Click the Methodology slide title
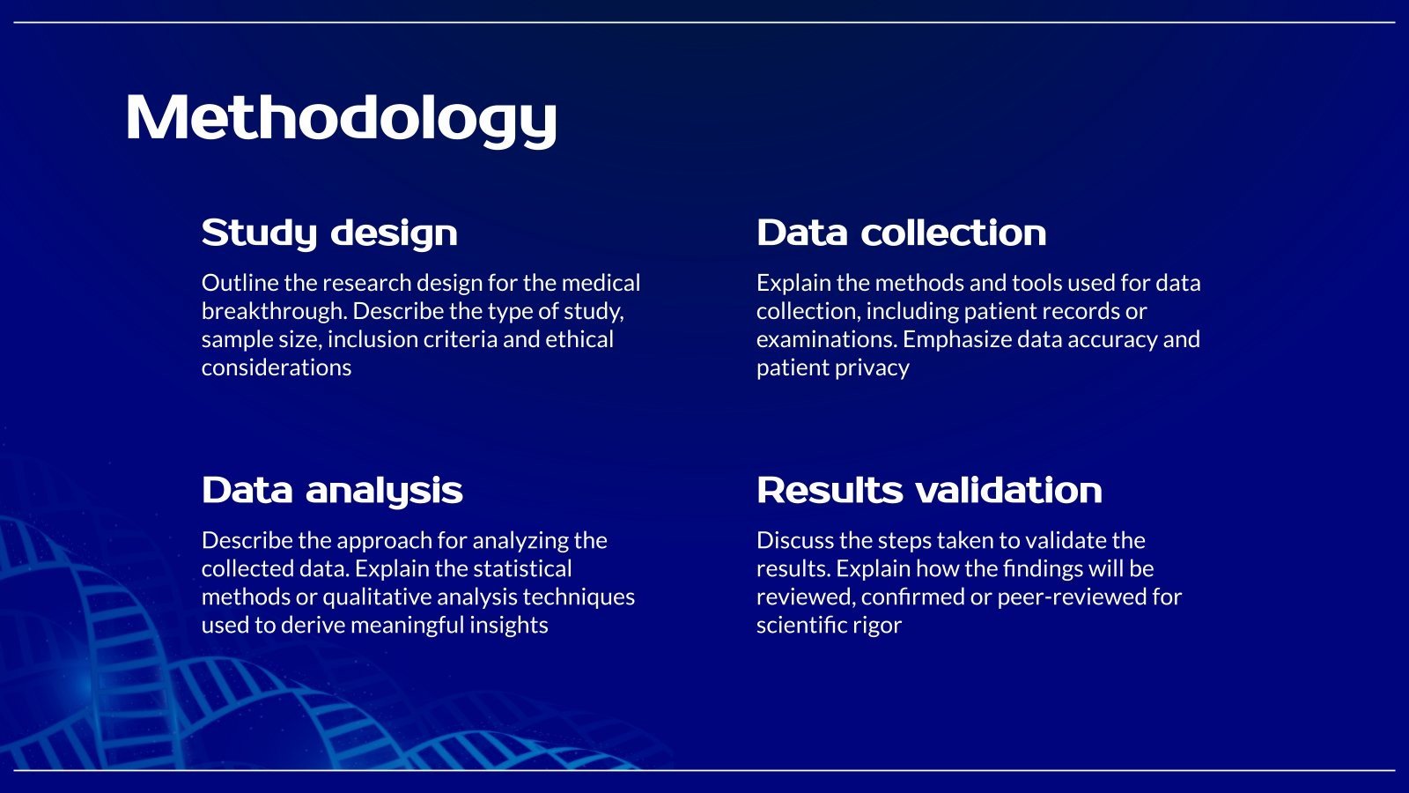341,117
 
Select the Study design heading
329,233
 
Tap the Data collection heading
901,233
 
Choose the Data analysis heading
332,490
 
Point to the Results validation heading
929,490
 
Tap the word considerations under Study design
277,367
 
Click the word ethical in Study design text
579,339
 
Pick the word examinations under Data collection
826,339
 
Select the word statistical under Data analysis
523,568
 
